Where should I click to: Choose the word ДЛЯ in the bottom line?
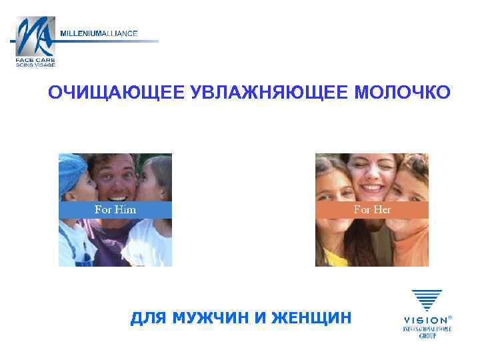pos(147,318)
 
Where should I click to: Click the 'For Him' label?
pos(115,210)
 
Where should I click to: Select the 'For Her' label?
pos(372,210)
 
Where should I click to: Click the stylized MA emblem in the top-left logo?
pos(35,37)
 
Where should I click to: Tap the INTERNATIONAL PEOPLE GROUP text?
pos(427,331)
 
